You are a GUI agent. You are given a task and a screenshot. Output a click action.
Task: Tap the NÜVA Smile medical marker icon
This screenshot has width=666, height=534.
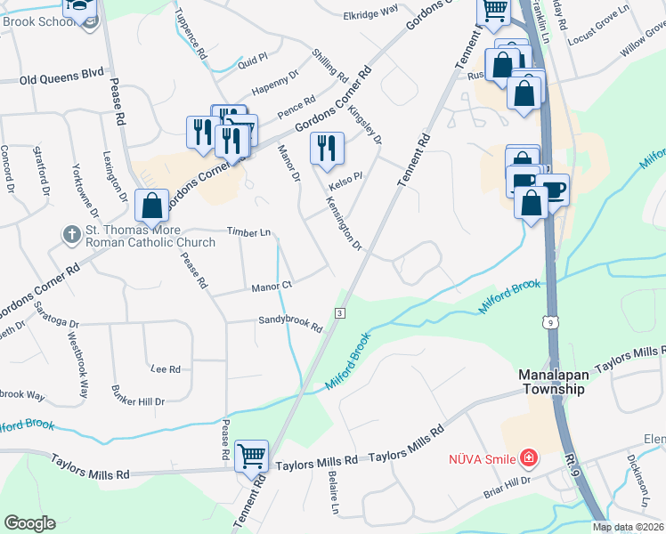[x=529, y=458]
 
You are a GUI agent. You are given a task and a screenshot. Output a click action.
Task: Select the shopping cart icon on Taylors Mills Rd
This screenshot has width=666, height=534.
[x=253, y=457]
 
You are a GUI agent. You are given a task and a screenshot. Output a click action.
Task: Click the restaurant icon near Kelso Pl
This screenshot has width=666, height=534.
[x=327, y=148]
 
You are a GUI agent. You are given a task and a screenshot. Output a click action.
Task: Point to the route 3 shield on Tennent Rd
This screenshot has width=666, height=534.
[x=340, y=313]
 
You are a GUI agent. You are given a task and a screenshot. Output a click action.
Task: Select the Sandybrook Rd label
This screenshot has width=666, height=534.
[x=289, y=324]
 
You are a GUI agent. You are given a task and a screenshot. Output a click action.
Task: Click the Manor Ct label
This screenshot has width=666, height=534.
[x=272, y=287]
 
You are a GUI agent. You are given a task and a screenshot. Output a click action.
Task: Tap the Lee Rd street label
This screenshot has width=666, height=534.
[x=166, y=368]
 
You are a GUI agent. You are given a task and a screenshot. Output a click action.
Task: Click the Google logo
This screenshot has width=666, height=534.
[x=29, y=522]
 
